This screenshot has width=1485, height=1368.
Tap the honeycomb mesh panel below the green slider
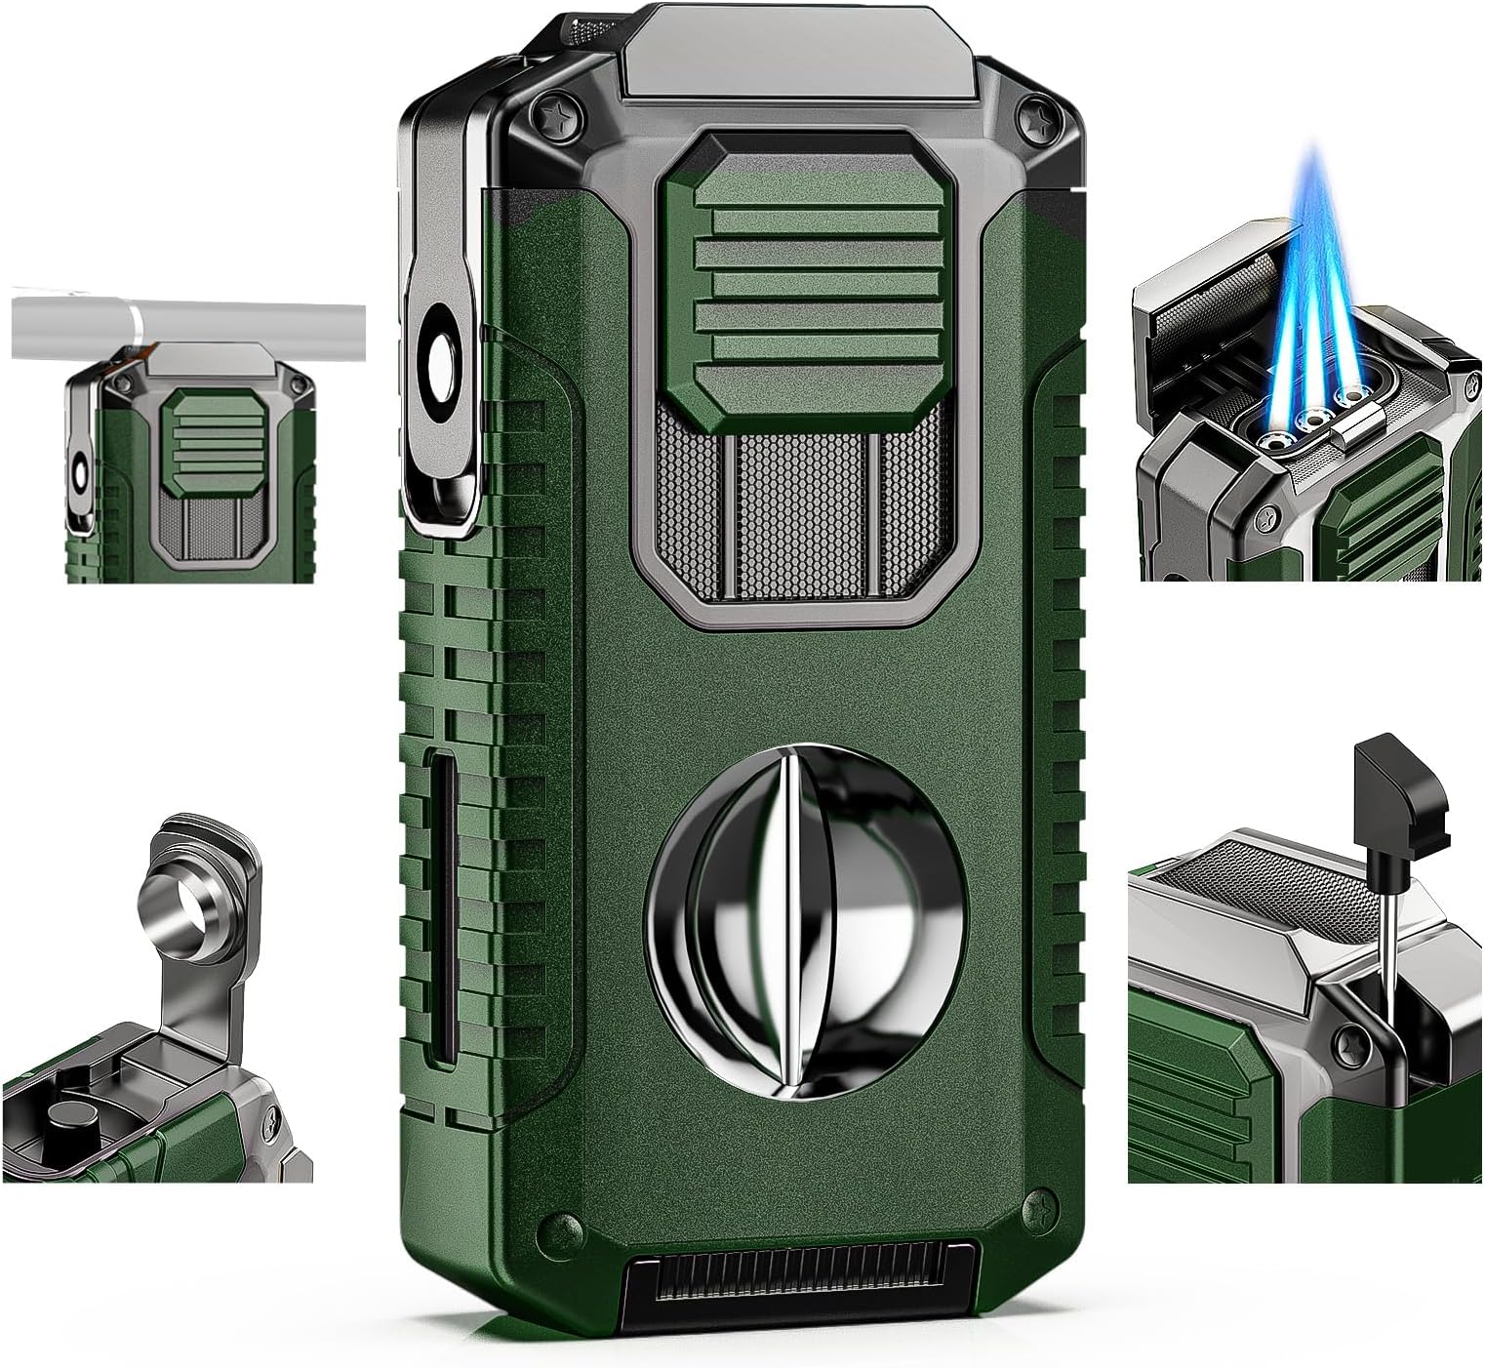tap(798, 507)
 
